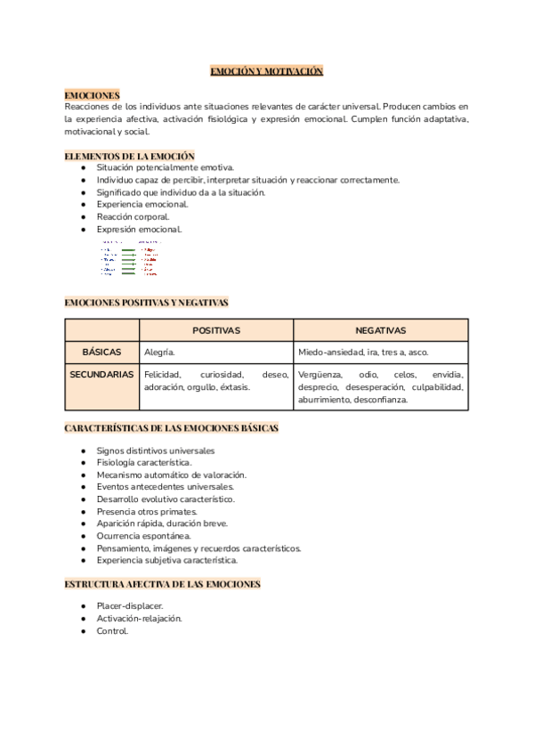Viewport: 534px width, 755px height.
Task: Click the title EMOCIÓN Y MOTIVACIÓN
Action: [266, 70]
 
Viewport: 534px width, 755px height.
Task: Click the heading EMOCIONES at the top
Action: [92, 93]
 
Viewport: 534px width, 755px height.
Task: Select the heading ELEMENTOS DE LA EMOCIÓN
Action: [129, 155]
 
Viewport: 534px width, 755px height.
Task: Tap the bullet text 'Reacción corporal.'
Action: [133, 216]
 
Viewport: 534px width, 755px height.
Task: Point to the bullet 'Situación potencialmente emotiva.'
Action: [166, 167]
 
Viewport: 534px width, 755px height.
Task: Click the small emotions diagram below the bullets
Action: [130, 257]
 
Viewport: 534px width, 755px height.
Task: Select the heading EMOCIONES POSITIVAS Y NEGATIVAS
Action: [146, 303]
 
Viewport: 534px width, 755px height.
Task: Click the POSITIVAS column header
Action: [215, 330]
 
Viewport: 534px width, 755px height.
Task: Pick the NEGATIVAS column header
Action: [381, 330]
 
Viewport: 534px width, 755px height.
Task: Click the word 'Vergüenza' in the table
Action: [321, 375]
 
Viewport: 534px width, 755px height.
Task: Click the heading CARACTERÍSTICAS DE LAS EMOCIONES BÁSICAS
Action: [172, 428]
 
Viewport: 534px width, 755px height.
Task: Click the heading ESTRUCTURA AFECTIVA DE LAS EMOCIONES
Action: [163, 584]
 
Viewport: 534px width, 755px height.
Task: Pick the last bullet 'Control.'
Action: [113, 631]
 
